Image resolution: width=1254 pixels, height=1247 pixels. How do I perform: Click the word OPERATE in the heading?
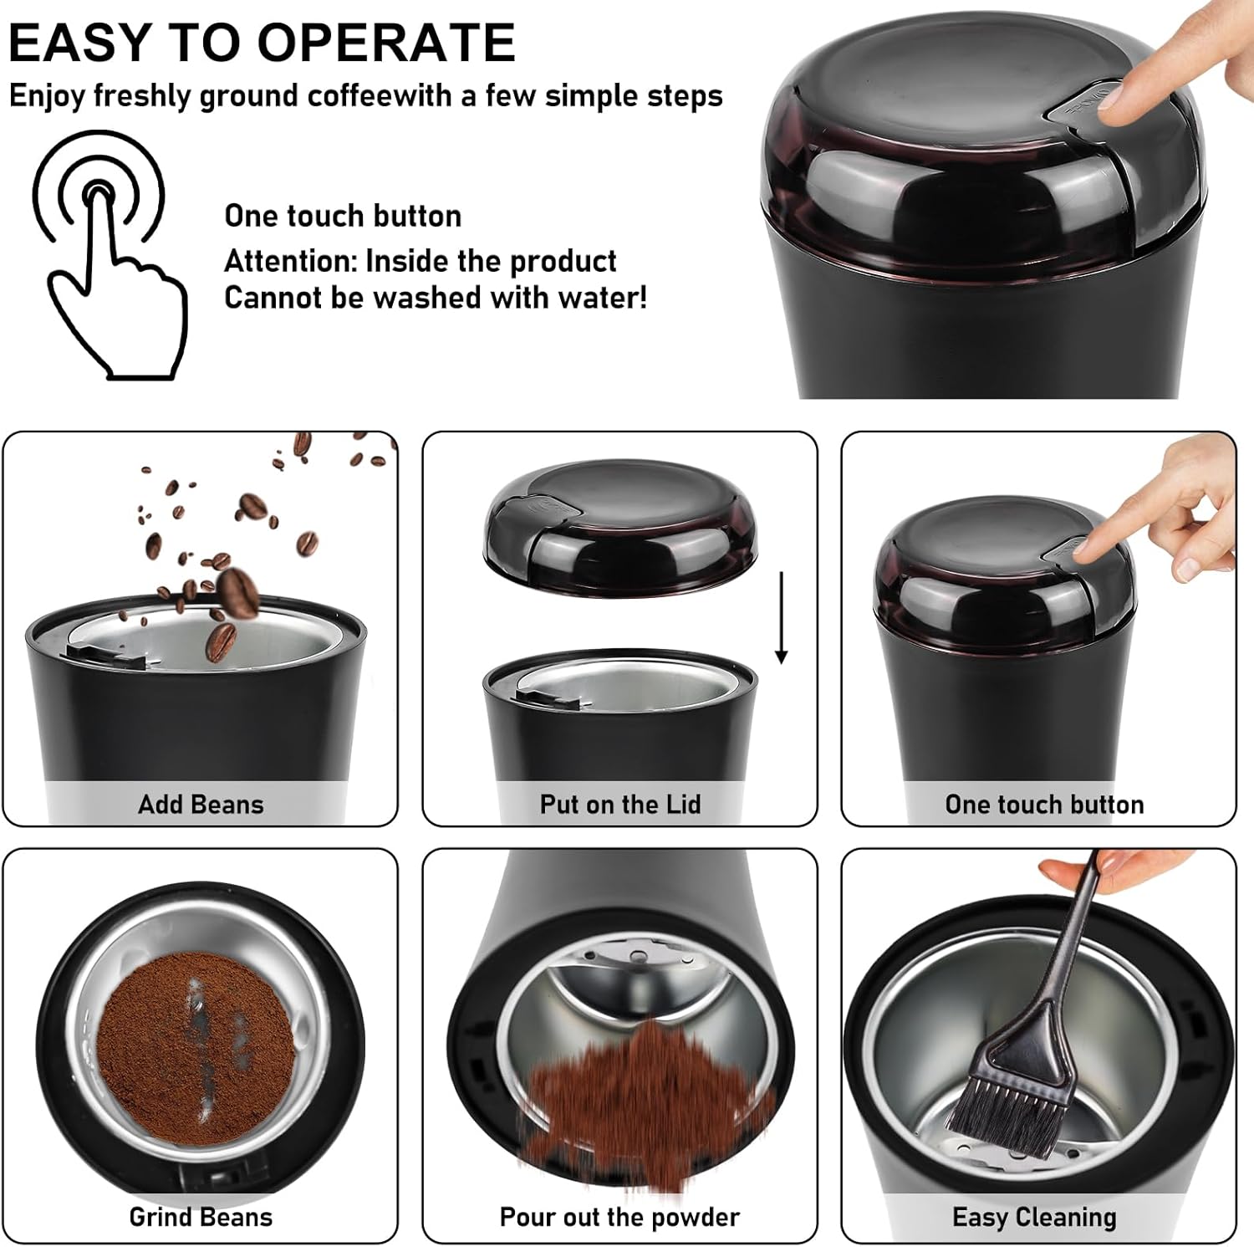tap(385, 42)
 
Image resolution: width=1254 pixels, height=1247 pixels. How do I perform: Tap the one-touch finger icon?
tap(109, 255)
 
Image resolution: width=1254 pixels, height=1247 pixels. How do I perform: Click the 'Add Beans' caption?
tap(201, 805)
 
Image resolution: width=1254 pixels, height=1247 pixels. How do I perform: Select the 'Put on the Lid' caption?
tap(620, 805)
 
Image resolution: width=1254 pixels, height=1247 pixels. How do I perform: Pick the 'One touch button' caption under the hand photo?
tap(1044, 805)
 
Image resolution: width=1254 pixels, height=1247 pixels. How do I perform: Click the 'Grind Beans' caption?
tap(201, 1217)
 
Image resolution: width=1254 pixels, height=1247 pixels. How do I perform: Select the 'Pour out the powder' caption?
tap(619, 1217)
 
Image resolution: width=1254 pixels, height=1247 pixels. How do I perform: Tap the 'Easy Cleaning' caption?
tap(1034, 1218)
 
